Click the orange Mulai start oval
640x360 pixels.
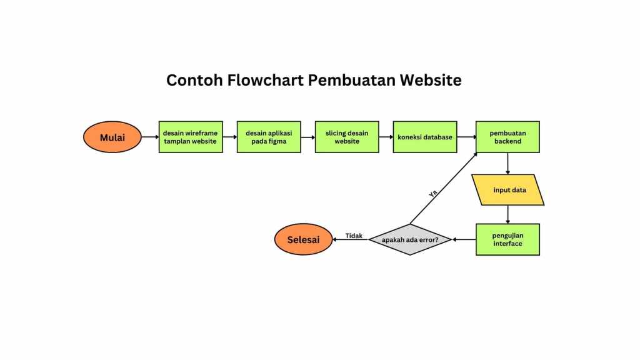pos(112,137)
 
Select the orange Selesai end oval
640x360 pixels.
pos(303,240)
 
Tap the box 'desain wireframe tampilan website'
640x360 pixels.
pos(191,137)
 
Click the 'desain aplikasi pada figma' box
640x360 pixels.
pos(269,137)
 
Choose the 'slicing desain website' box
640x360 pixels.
pos(347,137)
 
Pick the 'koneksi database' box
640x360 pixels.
pos(425,137)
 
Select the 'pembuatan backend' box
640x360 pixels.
pos(507,137)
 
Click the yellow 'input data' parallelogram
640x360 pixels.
pos(509,190)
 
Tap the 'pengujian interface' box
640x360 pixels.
pos(507,239)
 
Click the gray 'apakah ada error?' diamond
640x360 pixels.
pos(410,240)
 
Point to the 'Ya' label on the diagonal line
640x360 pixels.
pos(433,194)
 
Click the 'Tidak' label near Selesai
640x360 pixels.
pos(354,236)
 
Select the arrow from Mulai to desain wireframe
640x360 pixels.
pos(150,137)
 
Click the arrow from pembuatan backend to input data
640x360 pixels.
pos(507,164)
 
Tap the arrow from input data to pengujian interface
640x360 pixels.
pos(507,214)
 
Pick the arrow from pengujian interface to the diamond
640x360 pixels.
pos(464,239)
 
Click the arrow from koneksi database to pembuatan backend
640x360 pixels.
pos(466,137)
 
